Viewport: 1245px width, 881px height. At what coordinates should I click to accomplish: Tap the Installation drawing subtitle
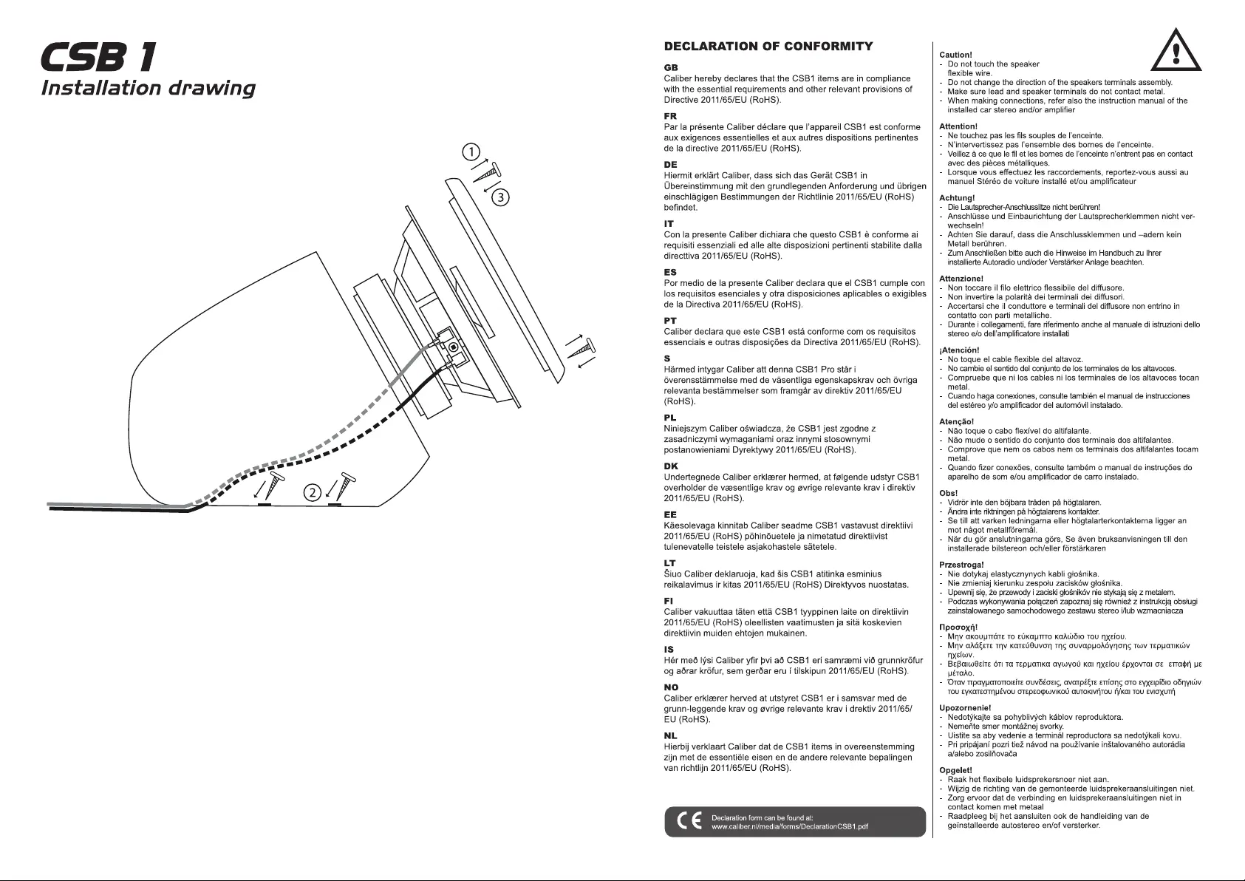pos(148,89)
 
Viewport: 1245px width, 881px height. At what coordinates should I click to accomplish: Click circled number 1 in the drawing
pos(470,153)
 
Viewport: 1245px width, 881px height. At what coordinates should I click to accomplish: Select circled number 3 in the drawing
pos(501,197)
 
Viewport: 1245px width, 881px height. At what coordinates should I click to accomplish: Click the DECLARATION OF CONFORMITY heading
pos(768,47)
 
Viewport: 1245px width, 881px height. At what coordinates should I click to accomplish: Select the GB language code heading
pos(671,67)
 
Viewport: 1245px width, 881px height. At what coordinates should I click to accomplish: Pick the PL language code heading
pos(671,418)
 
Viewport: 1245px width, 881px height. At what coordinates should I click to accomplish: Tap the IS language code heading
pos(669,650)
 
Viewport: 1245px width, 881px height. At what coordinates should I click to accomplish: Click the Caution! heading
pos(955,55)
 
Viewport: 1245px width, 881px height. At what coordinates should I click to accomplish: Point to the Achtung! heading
pos(957,198)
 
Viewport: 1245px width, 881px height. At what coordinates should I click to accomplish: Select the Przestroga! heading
pos(961,565)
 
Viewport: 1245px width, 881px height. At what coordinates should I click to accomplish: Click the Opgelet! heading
pos(955,770)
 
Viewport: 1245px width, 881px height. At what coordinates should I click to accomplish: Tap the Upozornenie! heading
pos(964,707)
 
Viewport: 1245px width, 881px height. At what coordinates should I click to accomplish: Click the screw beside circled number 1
pos(488,171)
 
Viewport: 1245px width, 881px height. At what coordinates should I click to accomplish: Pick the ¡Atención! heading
pos(959,350)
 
